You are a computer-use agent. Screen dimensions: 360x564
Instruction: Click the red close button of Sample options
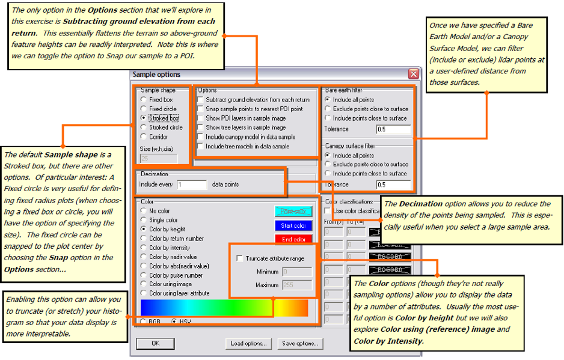(x=413, y=75)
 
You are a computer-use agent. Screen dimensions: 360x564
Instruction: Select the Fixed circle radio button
(x=143, y=109)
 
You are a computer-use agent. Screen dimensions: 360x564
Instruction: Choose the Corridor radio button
(x=143, y=136)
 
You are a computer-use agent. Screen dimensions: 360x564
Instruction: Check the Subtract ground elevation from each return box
(x=200, y=100)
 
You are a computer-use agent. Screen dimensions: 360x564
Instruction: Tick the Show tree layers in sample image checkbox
(x=200, y=127)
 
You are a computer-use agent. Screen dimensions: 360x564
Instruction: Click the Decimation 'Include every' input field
(x=192, y=185)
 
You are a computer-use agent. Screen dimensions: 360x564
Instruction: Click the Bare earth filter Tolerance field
(x=394, y=129)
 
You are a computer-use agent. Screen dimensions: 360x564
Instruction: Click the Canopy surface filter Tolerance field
(x=394, y=185)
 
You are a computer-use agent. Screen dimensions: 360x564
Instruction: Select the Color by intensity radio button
(x=143, y=248)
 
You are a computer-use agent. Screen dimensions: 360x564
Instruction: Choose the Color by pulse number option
(x=143, y=275)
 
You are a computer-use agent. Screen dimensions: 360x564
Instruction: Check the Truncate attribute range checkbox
(x=239, y=258)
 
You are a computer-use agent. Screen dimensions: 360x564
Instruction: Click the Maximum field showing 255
(x=297, y=285)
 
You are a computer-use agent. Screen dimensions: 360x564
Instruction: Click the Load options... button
(x=248, y=344)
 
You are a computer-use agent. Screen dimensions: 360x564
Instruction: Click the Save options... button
(x=300, y=344)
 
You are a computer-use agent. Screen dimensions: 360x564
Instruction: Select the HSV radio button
(x=174, y=322)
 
